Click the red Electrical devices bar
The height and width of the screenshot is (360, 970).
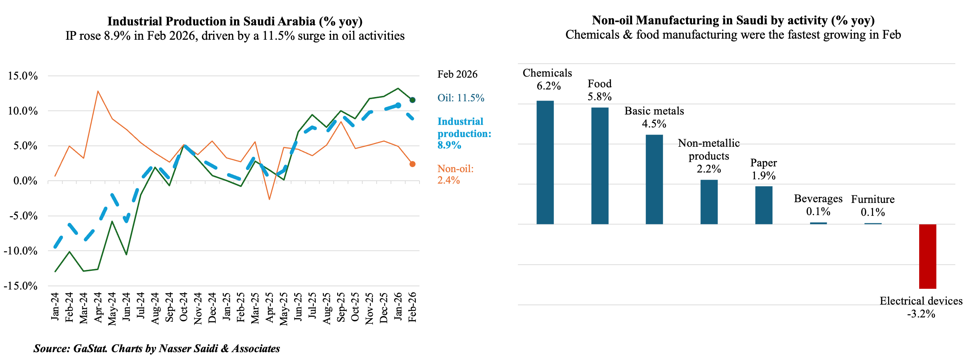(927, 257)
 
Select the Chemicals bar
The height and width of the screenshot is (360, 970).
(545, 162)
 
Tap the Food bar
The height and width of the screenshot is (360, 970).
(600, 166)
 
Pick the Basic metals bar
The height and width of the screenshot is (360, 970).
(654, 179)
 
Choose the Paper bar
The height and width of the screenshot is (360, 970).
(763, 205)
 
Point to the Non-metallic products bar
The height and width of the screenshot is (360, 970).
(709, 202)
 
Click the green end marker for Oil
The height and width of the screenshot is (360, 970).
(412, 100)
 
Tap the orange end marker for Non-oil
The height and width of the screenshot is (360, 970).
(412, 164)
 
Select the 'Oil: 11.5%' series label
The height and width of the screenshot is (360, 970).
(461, 98)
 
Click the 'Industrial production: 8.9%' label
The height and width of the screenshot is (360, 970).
(464, 133)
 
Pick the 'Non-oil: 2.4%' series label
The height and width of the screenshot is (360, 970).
(455, 174)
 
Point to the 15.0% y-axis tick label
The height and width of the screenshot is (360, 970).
(23, 76)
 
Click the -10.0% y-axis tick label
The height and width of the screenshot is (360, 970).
(21, 251)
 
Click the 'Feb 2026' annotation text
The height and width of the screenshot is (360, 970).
(457, 74)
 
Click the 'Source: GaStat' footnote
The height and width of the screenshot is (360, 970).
(157, 348)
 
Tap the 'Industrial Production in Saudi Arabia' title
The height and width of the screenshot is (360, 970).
(234, 21)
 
